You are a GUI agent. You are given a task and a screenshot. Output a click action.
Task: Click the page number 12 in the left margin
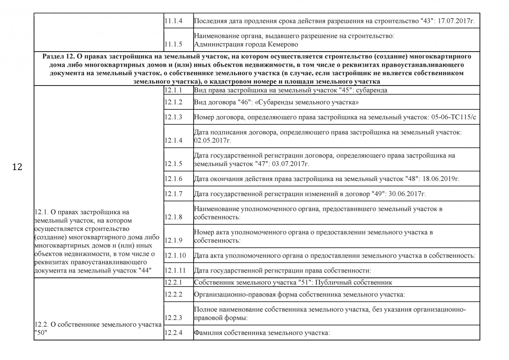[17, 167]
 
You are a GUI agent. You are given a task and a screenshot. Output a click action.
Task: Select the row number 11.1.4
[173, 21]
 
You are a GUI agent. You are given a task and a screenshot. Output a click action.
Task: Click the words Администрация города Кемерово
[246, 44]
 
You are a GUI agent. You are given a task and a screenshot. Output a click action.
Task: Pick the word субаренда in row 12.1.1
[372, 90]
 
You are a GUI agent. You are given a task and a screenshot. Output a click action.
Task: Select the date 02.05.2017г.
[213, 141]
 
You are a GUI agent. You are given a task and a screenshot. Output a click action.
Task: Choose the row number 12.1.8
[173, 217]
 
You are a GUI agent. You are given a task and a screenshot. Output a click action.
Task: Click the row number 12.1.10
[175, 256]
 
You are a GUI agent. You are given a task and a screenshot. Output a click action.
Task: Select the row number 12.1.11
[175, 271]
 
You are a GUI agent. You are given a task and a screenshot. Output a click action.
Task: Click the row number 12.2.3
[173, 317]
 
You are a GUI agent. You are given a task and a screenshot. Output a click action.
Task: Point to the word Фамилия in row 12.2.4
[208, 333]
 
